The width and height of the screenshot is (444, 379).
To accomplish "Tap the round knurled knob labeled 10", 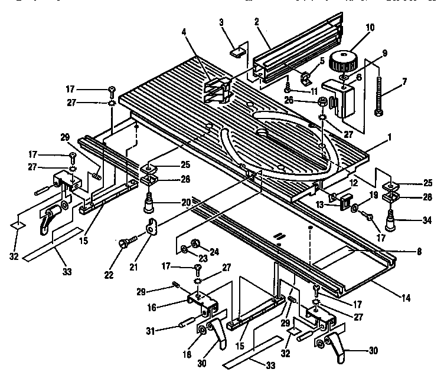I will point(342,61).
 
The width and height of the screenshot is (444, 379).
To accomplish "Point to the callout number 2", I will point(256,22).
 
